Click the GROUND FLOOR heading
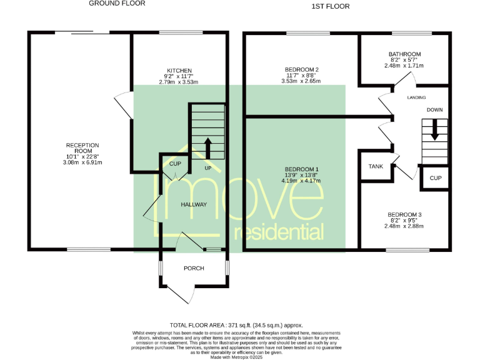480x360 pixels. (117, 4)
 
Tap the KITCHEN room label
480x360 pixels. (179, 71)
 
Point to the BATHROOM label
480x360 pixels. (404, 54)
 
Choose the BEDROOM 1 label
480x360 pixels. (301, 169)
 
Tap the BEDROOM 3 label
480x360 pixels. (404, 215)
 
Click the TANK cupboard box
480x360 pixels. (375, 166)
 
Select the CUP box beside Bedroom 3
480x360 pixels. (436, 178)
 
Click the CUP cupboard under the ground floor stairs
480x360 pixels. (175, 164)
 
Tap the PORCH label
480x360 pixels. (194, 269)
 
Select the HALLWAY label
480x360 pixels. (194, 204)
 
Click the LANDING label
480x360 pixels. (416, 98)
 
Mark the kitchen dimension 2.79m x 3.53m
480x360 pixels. (179, 82)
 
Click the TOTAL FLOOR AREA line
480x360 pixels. (236, 325)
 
